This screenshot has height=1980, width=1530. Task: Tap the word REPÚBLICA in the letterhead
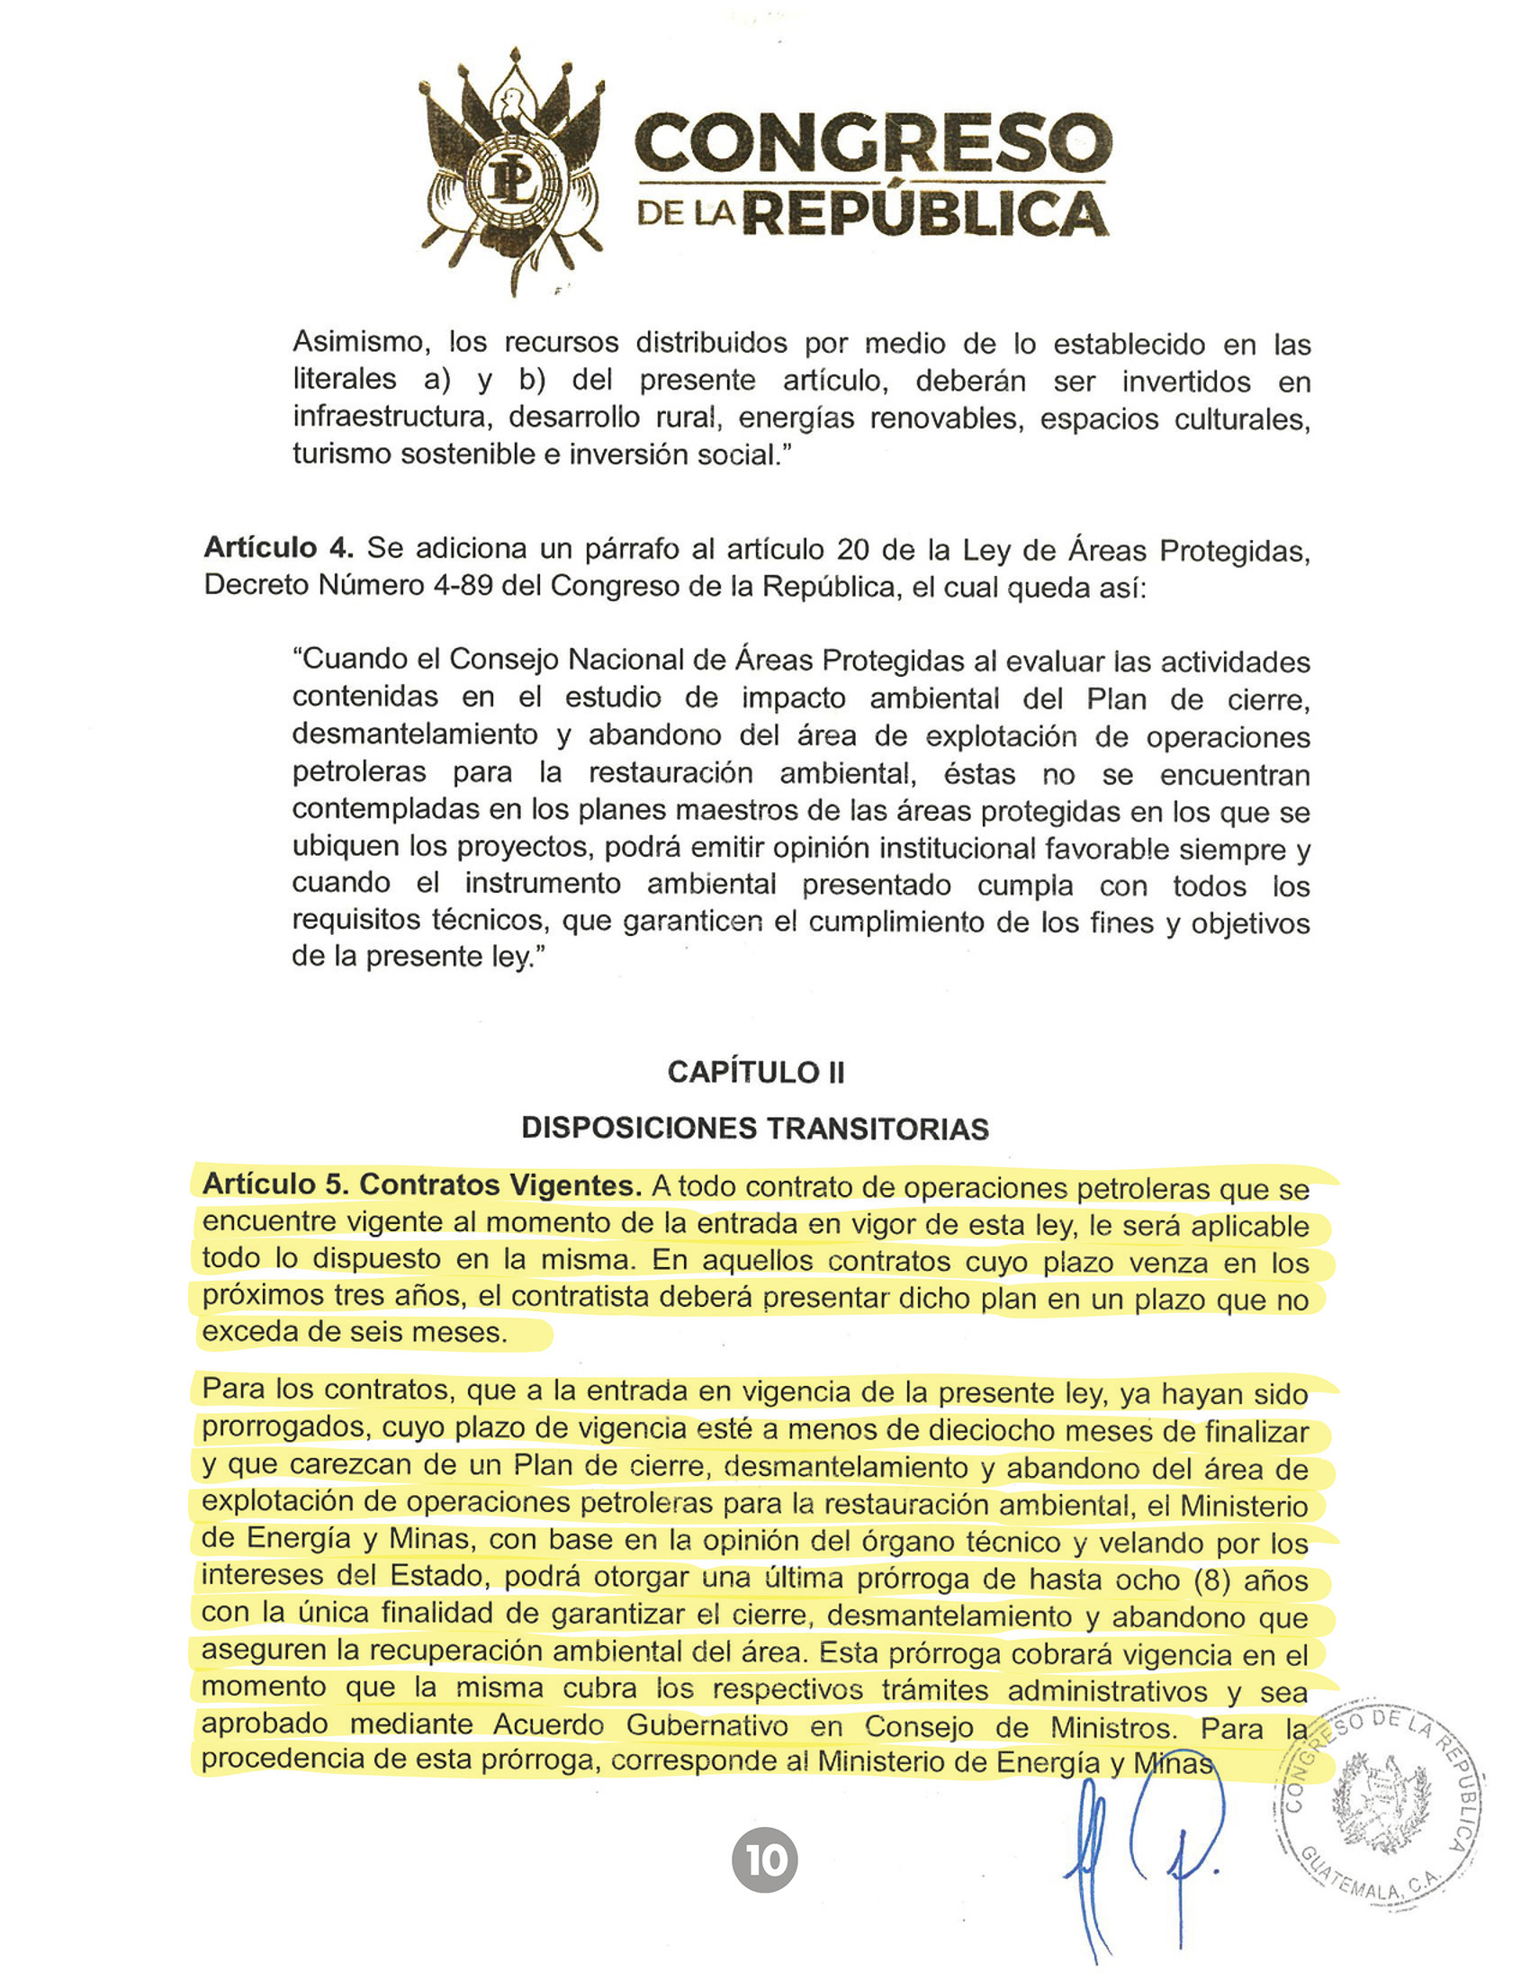[926, 216]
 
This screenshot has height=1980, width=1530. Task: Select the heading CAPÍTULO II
[756, 1073]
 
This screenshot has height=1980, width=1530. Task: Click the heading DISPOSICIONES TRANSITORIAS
[755, 1129]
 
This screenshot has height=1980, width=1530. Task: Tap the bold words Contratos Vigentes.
[500, 1185]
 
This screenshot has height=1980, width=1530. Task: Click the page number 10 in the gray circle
[765, 1860]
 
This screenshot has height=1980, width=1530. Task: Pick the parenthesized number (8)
[1210, 1580]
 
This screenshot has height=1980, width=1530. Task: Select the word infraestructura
[391, 417]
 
